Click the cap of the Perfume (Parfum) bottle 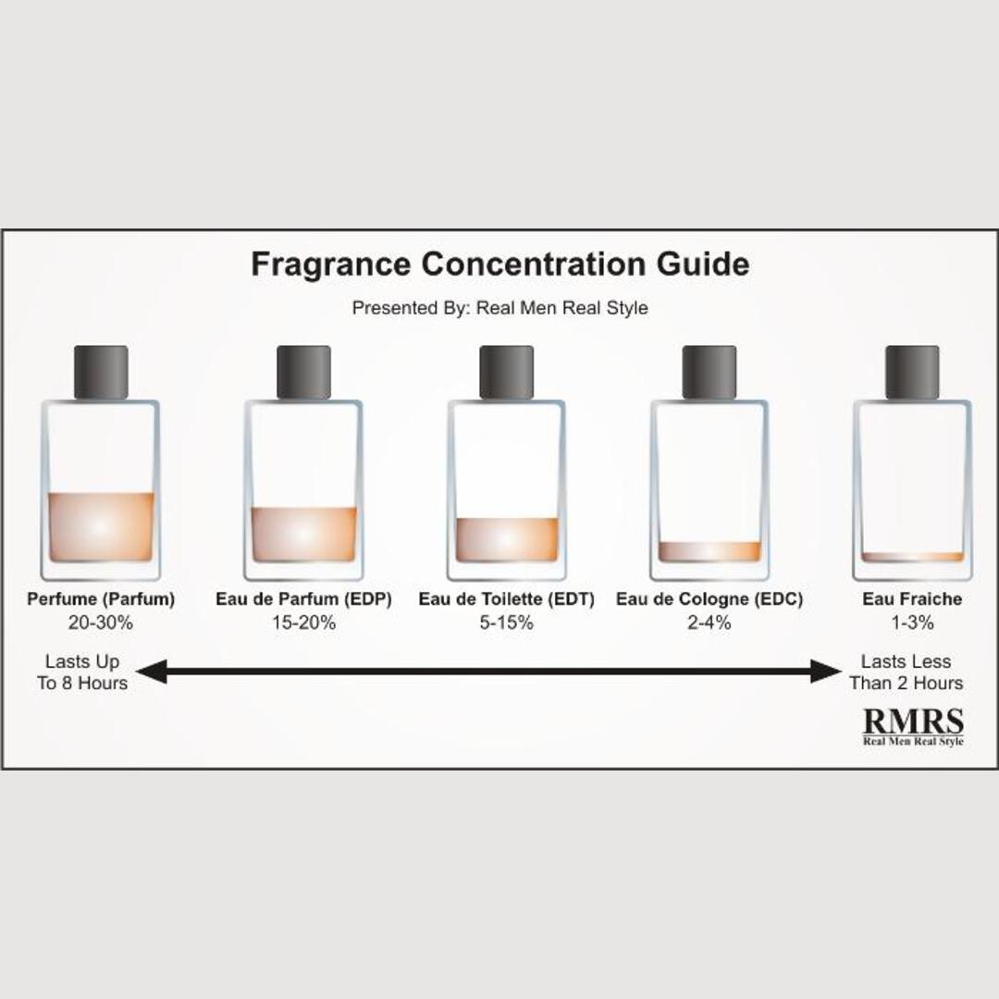pyautogui.click(x=101, y=372)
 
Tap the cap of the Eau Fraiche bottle pyautogui.click(x=912, y=372)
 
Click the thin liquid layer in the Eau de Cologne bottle pyautogui.click(x=709, y=550)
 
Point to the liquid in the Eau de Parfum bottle pyautogui.click(x=303, y=534)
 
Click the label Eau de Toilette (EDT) pyautogui.click(x=506, y=599)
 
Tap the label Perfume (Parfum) pyautogui.click(x=101, y=599)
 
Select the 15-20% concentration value pyautogui.click(x=303, y=623)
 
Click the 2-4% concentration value pyautogui.click(x=709, y=623)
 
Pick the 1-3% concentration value pyautogui.click(x=912, y=623)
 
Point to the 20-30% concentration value pyautogui.click(x=101, y=623)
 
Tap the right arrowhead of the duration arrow pyautogui.click(x=826, y=672)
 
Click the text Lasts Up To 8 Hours pyautogui.click(x=82, y=672)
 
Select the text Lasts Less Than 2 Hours pyautogui.click(x=906, y=672)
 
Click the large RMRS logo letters pyautogui.click(x=913, y=721)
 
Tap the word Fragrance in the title pyautogui.click(x=330, y=265)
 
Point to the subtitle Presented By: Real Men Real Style pyautogui.click(x=499, y=308)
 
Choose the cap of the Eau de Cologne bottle pyautogui.click(x=709, y=372)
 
